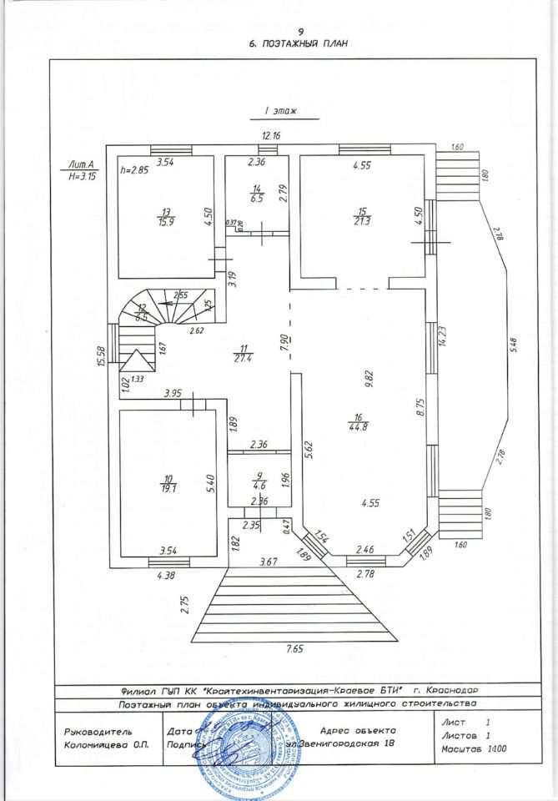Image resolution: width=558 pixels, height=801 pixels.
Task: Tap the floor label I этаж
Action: click(x=282, y=109)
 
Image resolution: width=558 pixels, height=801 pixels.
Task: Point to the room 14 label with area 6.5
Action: click(x=257, y=195)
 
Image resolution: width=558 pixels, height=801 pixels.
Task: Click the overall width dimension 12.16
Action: click(x=271, y=135)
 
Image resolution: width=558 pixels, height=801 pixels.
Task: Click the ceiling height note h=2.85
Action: click(x=133, y=169)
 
